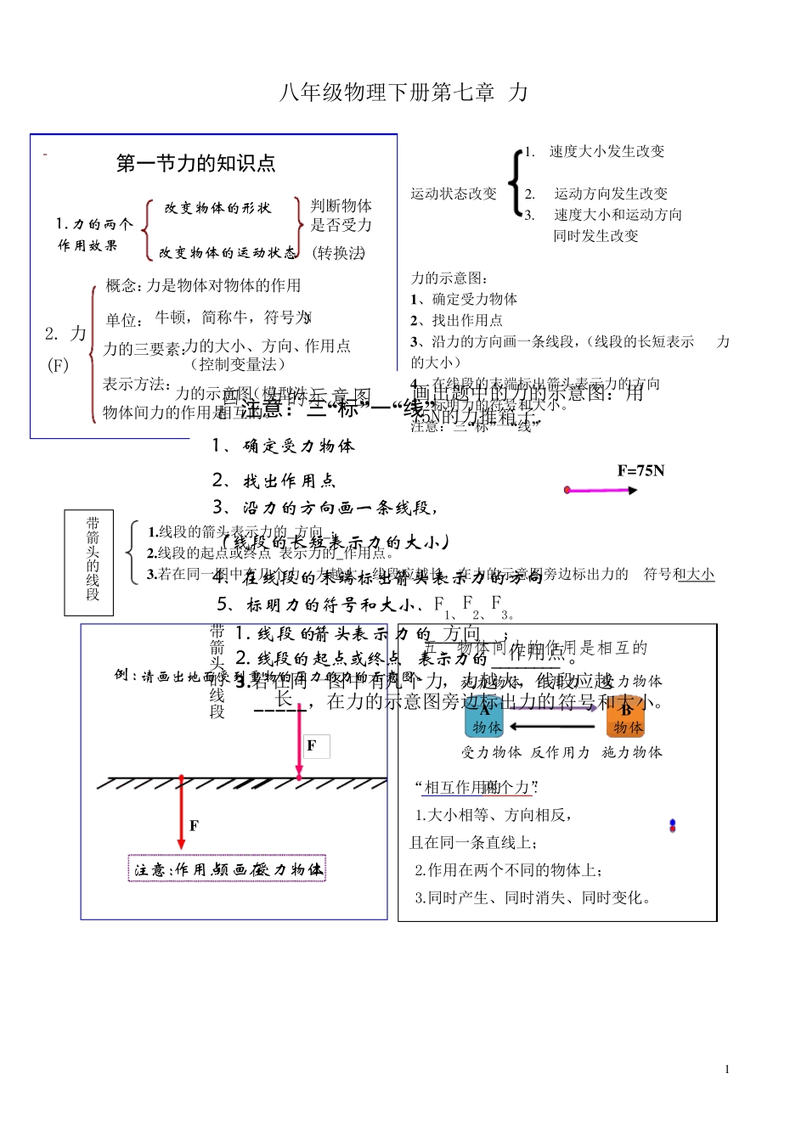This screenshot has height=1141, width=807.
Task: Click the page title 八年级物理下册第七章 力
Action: pos(403,93)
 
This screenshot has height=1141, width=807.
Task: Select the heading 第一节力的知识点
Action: pos(195,163)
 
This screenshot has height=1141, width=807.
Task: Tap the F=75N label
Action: pos(641,471)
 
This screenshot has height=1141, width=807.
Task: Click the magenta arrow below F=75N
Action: pos(601,490)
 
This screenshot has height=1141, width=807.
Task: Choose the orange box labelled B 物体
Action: pos(626,718)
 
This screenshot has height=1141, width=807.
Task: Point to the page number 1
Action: pos(727,1070)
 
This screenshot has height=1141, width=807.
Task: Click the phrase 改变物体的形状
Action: pos(217,208)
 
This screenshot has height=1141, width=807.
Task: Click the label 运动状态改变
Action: pos(454,194)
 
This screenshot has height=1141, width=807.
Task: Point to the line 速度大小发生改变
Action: pos(607,151)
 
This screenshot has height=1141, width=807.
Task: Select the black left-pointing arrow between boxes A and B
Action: pos(552,726)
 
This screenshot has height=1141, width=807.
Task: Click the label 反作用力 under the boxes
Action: pos(561,752)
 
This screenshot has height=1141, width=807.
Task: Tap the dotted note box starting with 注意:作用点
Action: pos(227,869)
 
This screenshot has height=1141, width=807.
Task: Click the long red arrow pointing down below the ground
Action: pos(181,811)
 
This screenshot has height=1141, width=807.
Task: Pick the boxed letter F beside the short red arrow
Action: pos(313,746)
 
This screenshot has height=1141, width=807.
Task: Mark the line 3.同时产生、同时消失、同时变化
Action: pos(533,897)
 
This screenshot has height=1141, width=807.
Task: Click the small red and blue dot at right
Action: pos(672,825)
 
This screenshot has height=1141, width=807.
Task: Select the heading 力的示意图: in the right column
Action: pos(449,278)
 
